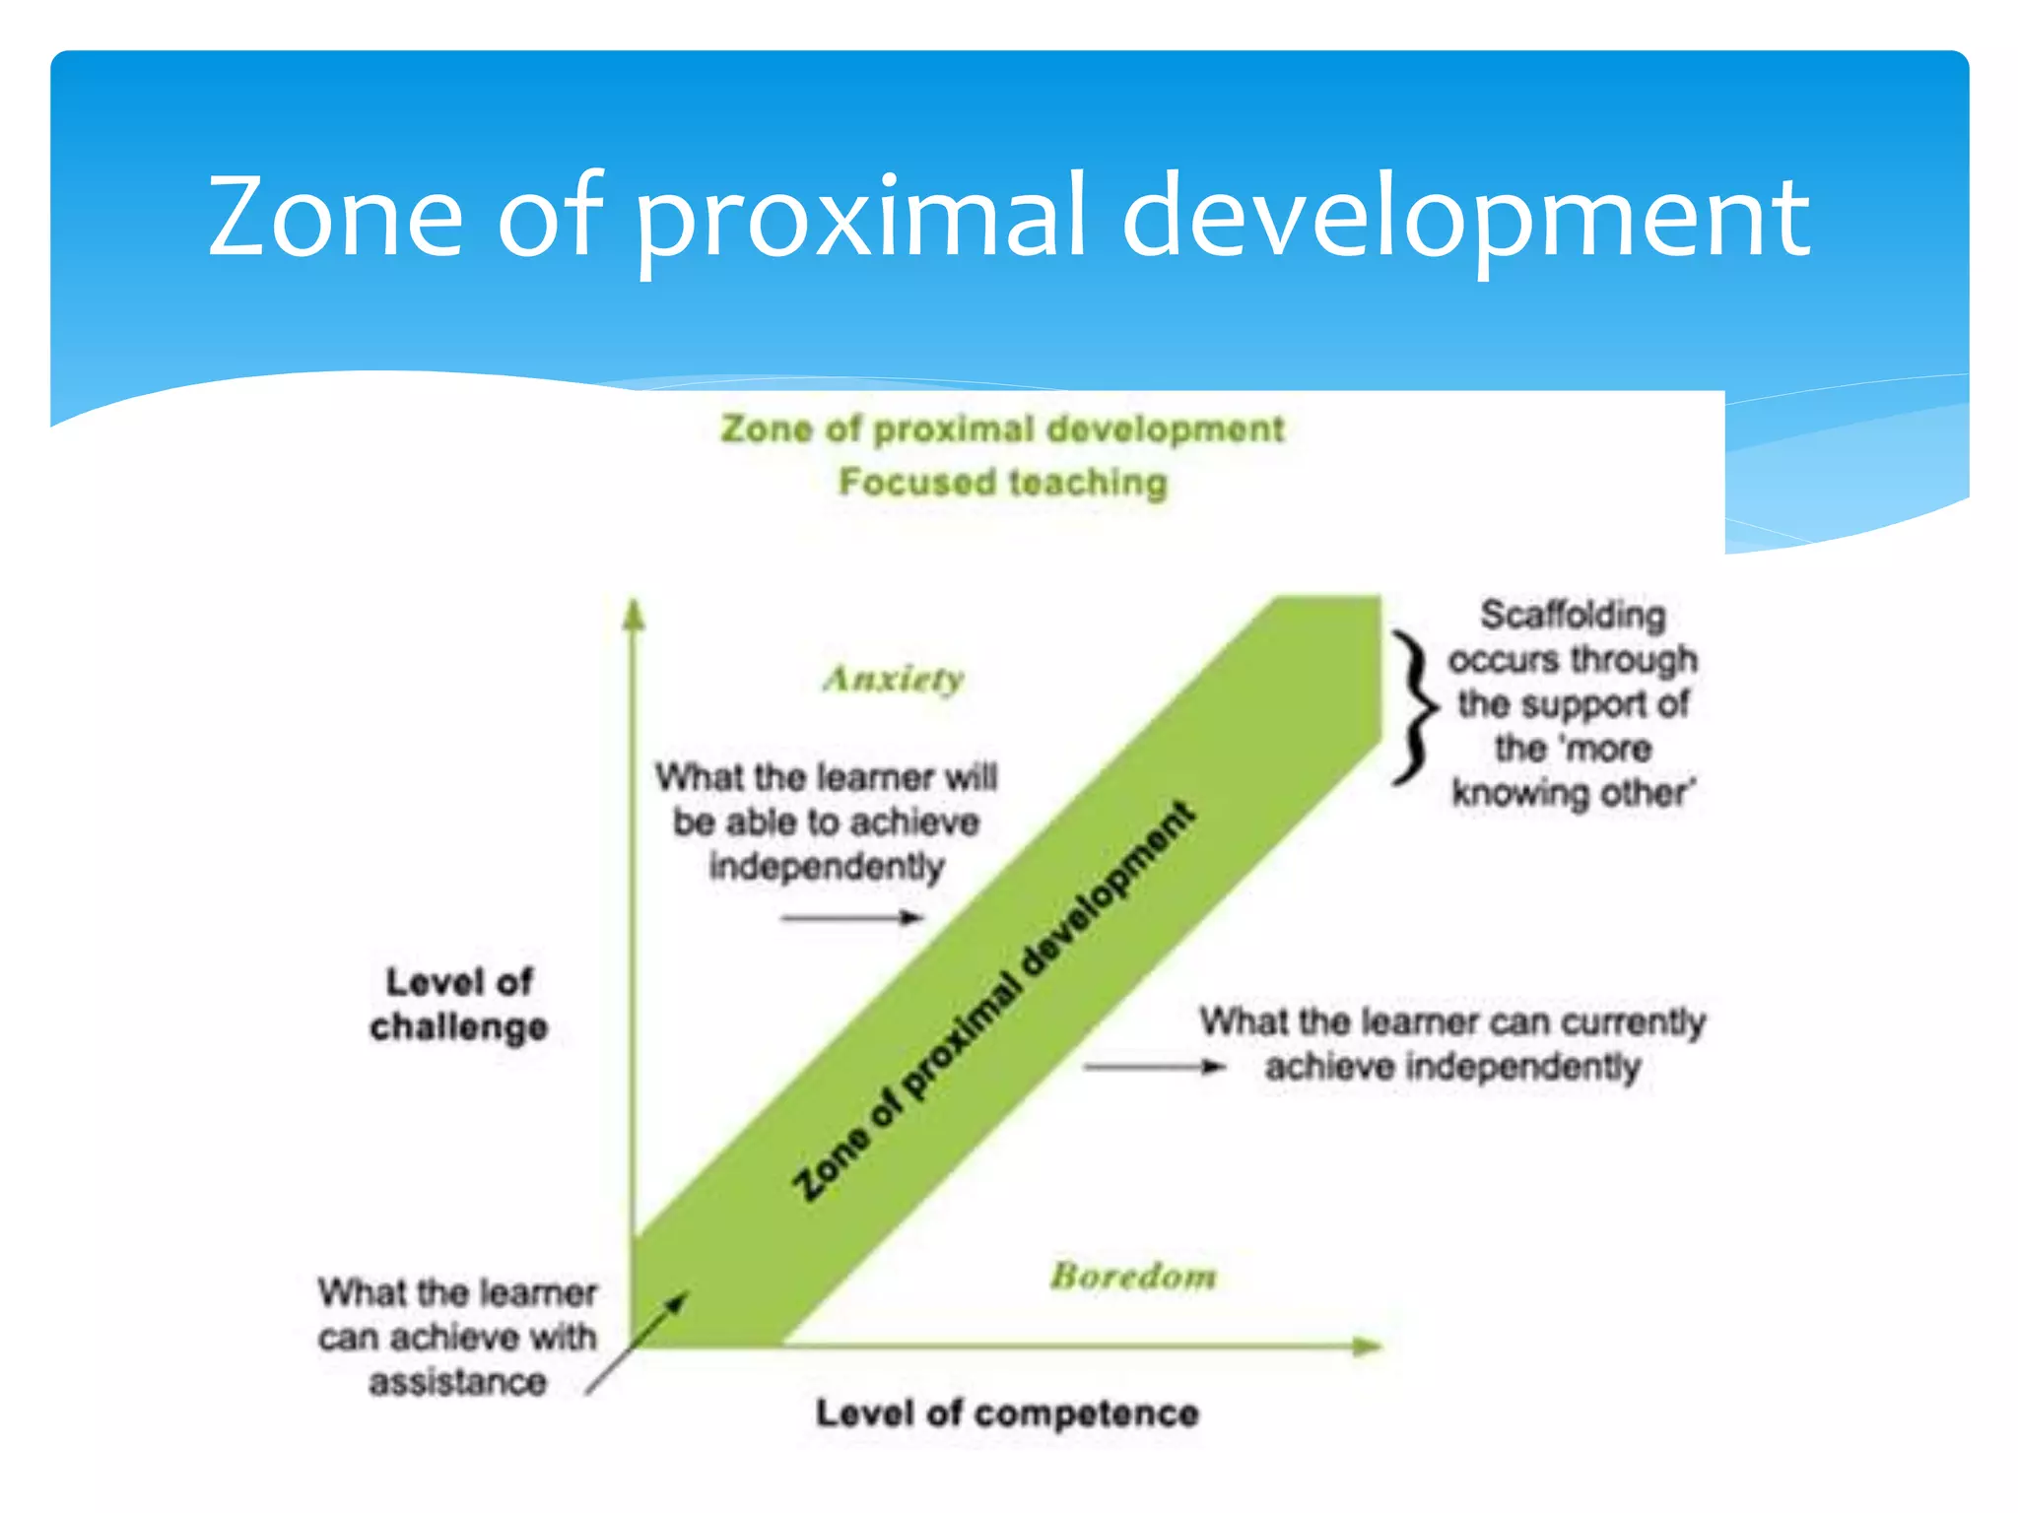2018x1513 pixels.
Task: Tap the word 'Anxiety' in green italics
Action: coord(894,680)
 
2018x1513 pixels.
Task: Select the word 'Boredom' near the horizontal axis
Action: coord(1133,1277)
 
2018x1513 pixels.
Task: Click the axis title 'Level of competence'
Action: coord(1007,1414)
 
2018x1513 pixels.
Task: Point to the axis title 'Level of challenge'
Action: coord(459,1004)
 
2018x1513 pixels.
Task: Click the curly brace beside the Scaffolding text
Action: coord(1415,707)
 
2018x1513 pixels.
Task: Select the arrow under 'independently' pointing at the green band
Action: coord(851,918)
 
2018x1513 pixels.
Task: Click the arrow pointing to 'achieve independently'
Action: coord(1154,1067)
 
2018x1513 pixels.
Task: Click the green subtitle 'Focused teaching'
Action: coord(1003,483)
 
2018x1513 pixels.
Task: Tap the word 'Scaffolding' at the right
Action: coord(1573,616)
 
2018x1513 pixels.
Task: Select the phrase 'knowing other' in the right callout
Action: coord(1573,793)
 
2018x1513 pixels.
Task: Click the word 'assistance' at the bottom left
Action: coord(458,1382)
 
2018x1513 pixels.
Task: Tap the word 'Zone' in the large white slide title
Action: coord(335,217)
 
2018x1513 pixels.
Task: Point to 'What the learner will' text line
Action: coord(826,777)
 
